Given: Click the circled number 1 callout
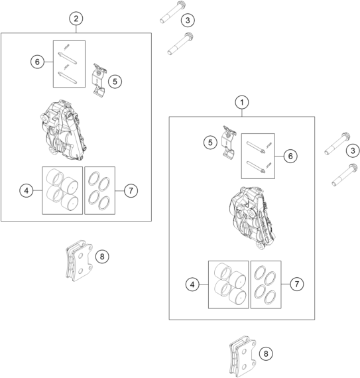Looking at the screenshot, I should coord(243,102).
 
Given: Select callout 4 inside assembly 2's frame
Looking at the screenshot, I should coord(27,190).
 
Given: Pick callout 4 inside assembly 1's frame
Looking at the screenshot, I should coord(193,284).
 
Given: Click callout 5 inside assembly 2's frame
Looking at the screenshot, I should coord(115,81).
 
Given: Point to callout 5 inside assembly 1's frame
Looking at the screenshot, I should coord(210,142).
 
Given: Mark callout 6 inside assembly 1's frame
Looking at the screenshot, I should coord(290,156).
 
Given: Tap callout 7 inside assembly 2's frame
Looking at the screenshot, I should coord(131,190).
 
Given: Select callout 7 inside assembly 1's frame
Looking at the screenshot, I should coord(296,284).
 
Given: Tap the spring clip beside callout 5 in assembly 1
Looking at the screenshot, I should coord(229,145).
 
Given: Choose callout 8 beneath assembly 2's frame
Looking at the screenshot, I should coord(101,256).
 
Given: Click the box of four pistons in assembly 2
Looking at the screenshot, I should coord(62,190).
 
